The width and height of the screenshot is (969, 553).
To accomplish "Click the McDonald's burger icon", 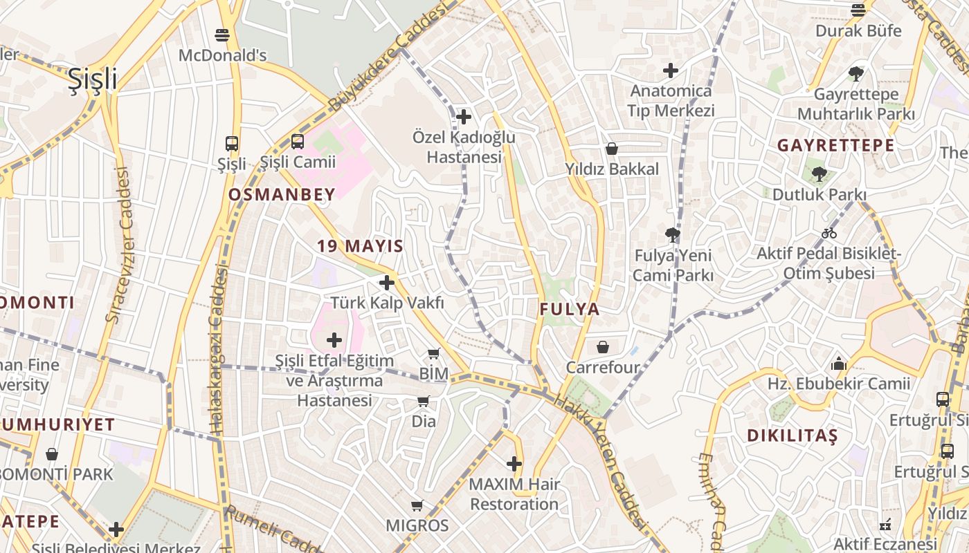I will (222, 34).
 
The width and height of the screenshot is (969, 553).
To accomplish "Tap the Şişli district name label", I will (93, 79).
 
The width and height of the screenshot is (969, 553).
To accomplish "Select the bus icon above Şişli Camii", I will (297, 142).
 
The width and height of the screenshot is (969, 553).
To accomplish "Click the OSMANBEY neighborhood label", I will (282, 195).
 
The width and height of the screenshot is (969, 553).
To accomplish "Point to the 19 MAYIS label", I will (360, 246).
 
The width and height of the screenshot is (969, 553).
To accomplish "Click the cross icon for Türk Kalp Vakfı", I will (387, 282).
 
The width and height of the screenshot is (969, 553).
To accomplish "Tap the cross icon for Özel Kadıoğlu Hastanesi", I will (464, 117).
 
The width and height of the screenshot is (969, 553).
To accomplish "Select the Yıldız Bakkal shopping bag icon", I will (611, 149).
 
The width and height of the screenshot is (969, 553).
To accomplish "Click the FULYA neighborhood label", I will (570, 309).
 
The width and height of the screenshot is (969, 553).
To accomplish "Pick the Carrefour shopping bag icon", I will (603, 346).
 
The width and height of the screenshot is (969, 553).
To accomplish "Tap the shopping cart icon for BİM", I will (434, 354).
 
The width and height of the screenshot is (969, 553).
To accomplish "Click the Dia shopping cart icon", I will (424, 401).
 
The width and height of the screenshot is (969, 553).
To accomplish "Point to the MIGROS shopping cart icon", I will (417, 506).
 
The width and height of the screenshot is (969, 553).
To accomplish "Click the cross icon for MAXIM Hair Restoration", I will (514, 463).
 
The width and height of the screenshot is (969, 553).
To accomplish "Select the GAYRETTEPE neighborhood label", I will (835, 146).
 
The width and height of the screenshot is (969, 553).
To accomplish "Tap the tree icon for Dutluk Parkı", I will (819, 174).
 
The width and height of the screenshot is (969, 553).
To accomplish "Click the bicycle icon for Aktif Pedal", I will (828, 233).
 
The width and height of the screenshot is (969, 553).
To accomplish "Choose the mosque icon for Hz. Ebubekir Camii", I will (839, 363).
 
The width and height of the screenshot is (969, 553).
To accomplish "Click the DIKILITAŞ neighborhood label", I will (793, 435).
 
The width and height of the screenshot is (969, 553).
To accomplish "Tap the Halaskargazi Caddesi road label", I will (218, 353).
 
